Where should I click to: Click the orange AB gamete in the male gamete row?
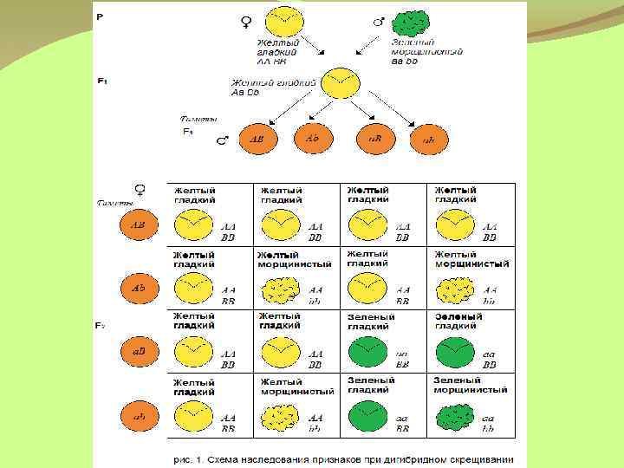257,140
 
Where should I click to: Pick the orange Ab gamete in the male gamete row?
313,137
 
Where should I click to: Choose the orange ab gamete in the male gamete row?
428,140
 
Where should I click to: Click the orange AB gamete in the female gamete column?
138,225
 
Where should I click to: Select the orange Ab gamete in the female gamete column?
138,288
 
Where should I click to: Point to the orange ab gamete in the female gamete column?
138,416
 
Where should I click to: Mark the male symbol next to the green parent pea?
378,20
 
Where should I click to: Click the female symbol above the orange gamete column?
139,190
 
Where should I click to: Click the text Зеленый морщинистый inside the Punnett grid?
470,386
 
